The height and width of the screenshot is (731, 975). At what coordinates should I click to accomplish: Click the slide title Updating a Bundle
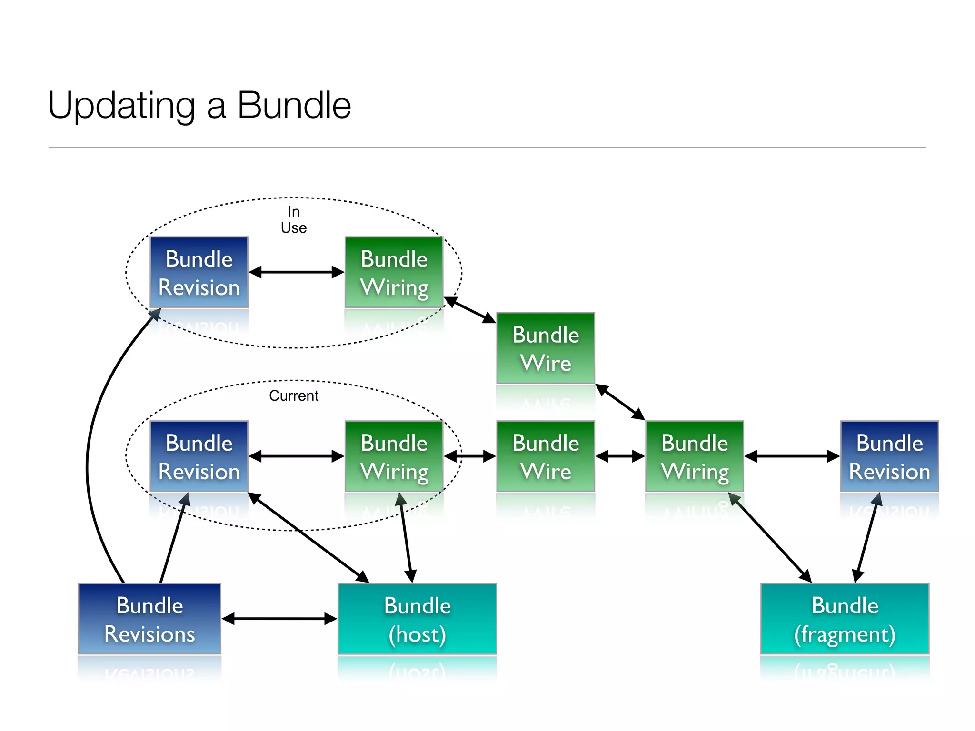click(199, 105)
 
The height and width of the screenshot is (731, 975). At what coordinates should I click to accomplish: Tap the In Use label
click(293, 219)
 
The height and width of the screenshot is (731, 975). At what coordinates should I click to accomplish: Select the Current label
click(293, 395)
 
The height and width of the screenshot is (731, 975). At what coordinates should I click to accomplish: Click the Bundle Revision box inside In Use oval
click(199, 272)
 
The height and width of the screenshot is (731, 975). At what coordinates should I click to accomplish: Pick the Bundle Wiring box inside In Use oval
click(394, 272)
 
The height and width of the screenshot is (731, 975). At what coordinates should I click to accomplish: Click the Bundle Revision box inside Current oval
click(199, 456)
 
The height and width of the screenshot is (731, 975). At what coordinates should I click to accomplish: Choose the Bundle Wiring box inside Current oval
click(394, 456)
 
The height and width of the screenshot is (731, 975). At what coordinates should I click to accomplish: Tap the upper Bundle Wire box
click(545, 348)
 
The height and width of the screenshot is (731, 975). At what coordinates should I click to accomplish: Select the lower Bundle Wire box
click(545, 456)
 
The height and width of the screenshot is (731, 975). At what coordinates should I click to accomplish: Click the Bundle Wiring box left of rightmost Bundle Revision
click(694, 456)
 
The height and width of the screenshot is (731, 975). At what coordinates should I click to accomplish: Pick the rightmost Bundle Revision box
click(889, 456)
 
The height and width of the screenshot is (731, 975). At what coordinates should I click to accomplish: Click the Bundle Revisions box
click(149, 619)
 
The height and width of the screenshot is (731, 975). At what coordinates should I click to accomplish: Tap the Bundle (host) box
click(417, 619)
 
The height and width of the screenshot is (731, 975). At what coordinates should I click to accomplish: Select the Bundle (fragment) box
click(845, 619)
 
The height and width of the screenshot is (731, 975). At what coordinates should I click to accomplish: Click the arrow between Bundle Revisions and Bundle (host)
click(279, 619)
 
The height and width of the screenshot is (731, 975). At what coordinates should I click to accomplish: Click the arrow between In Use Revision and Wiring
click(296, 272)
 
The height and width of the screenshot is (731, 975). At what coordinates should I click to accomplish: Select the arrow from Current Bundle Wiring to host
click(406, 538)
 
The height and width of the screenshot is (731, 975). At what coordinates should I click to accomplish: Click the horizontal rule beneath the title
click(487, 148)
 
